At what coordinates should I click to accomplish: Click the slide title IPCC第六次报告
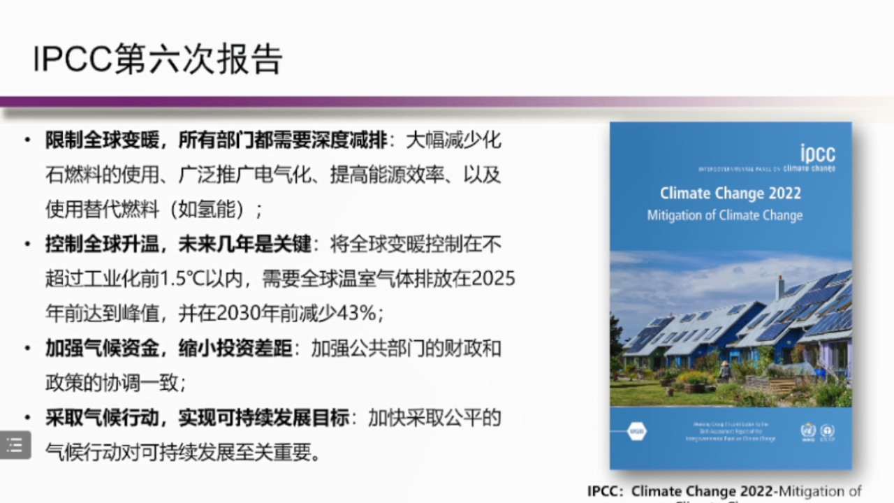(x=158, y=59)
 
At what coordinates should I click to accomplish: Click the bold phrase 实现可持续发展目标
(x=263, y=418)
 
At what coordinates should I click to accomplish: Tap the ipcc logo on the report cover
(x=816, y=154)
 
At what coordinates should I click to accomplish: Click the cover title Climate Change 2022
(x=731, y=194)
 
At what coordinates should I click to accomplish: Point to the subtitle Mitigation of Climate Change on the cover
(x=724, y=215)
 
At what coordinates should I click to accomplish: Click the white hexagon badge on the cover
(x=636, y=431)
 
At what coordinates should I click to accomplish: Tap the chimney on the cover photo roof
(x=779, y=287)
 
